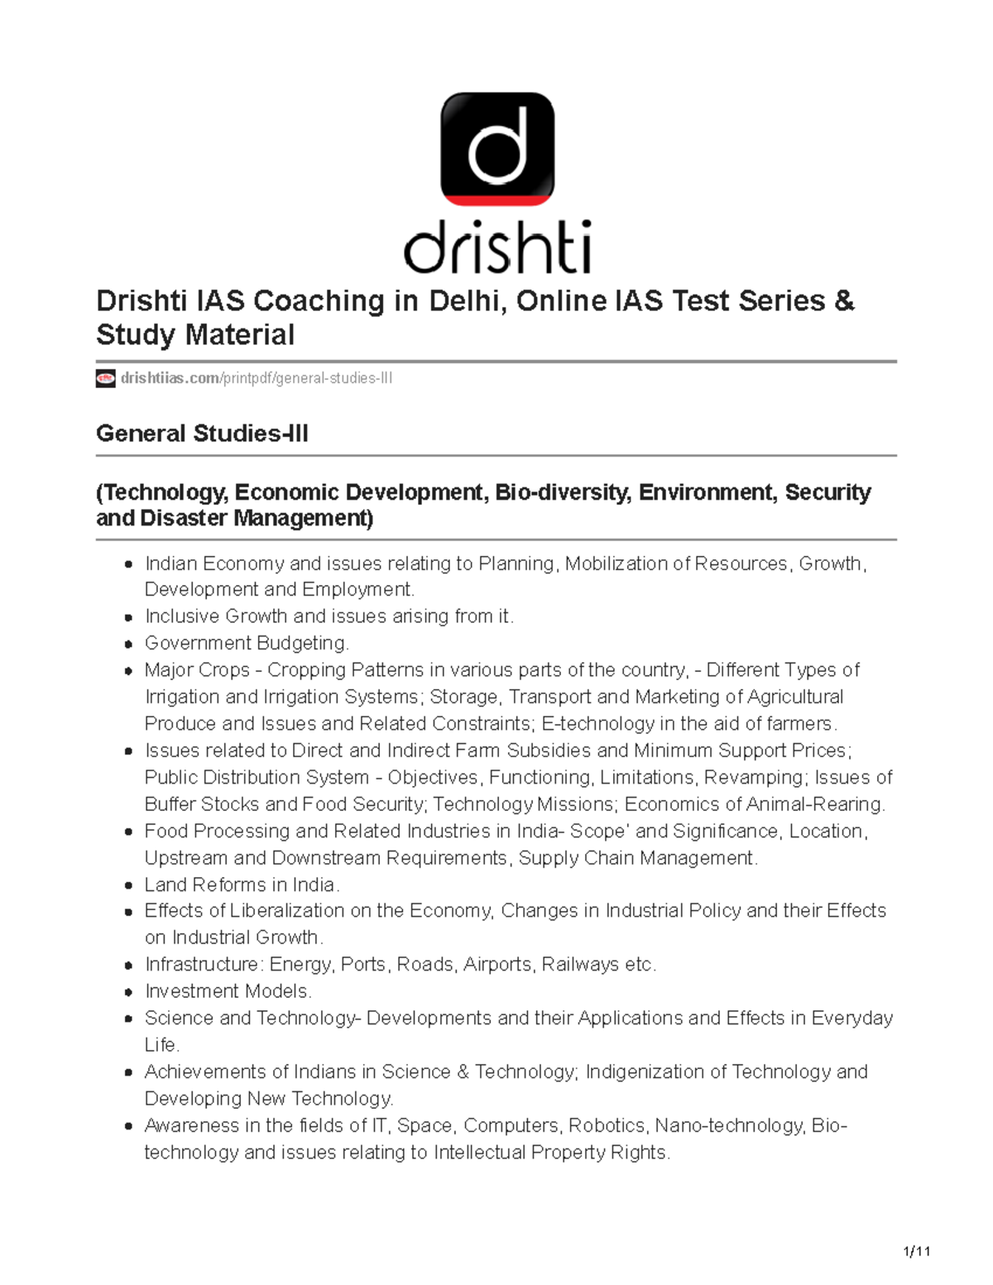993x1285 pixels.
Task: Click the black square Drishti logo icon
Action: tap(497, 149)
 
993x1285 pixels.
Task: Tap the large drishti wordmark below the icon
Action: tap(497, 247)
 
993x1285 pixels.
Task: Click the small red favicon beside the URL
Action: tap(105, 379)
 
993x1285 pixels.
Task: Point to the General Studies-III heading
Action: tap(202, 434)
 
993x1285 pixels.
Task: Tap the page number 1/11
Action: tap(917, 1251)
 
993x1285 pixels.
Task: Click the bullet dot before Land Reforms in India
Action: tap(128, 885)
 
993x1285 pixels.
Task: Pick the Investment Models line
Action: tap(228, 991)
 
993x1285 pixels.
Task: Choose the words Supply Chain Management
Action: tap(637, 858)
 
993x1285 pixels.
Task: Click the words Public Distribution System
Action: tap(257, 778)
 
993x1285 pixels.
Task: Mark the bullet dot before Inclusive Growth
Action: tap(128, 617)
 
